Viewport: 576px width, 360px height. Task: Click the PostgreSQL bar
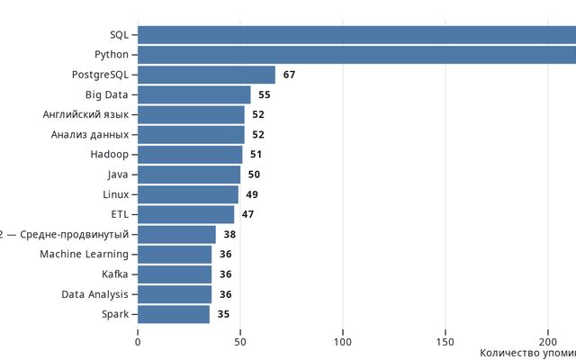pyautogui.click(x=206, y=75)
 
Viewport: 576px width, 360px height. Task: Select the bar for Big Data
pyautogui.click(x=193, y=94)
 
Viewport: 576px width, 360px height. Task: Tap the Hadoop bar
pyautogui.click(x=190, y=155)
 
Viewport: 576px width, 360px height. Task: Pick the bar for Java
pyautogui.click(x=189, y=175)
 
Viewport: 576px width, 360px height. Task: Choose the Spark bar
pyautogui.click(x=174, y=314)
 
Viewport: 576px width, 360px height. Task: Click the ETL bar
pyautogui.click(x=185, y=214)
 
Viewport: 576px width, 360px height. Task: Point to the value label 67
pyautogui.click(x=289, y=75)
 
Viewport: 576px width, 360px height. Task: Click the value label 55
pyautogui.click(x=265, y=94)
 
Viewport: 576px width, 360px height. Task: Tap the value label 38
pyautogui.click(x=229, y=234)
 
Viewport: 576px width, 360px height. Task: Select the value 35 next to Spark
pyautogui.click(x=223, y=314)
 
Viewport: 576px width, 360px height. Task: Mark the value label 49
pyautogui.click(x=252, y=194)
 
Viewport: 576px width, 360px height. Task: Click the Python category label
pyautogui.click(x=112, y=55)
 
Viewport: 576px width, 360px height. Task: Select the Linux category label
pyautogui.click(x=115, y=194)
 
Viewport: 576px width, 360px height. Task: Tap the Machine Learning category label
pyautogui.click(x=84, y=255)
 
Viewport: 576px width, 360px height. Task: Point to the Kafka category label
pyautogui.click(x=115, y=274)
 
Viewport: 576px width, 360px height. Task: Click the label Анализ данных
pyautogui.click(x=90, y=135)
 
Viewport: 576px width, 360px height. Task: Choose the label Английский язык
pyautogui.click(x=85, y=114)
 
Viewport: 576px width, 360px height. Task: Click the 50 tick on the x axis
pyautogui.click(x=240, y=341)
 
